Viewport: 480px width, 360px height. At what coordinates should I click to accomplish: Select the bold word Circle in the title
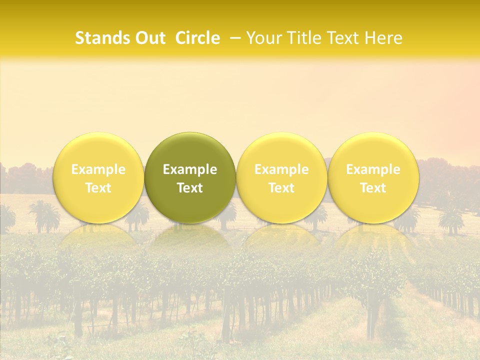[197, 38]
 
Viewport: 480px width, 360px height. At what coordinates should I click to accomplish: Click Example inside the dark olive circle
[190, 169]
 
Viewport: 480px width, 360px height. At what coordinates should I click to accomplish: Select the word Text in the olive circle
[190, 188]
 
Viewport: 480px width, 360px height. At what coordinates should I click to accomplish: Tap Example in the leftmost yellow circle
[98, 169]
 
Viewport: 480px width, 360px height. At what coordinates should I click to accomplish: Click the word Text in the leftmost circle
[98, 188]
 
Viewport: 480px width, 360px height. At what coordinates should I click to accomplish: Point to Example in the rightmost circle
[373, 169]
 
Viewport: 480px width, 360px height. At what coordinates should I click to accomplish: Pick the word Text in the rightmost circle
[373, 188]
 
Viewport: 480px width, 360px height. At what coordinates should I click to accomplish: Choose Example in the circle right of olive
[281, 169]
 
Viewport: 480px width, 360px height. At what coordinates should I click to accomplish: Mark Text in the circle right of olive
[281, 188]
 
